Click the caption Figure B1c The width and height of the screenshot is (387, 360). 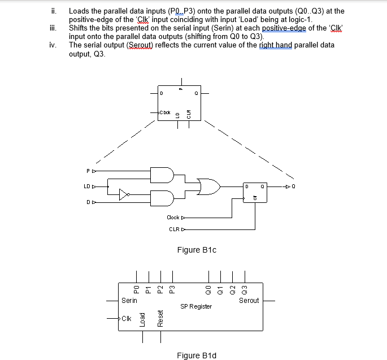coord(197,249)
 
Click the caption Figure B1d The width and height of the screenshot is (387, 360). coord(196,355)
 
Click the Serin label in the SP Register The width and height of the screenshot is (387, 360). coord(129,301)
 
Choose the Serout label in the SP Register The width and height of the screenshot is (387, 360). coord(249,301)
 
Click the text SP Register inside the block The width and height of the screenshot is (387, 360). coord(196,306)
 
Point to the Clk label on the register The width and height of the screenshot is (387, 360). coord(128,319)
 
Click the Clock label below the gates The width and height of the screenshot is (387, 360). coord(173,217)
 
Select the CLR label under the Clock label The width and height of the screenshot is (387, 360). coord(174,229)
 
